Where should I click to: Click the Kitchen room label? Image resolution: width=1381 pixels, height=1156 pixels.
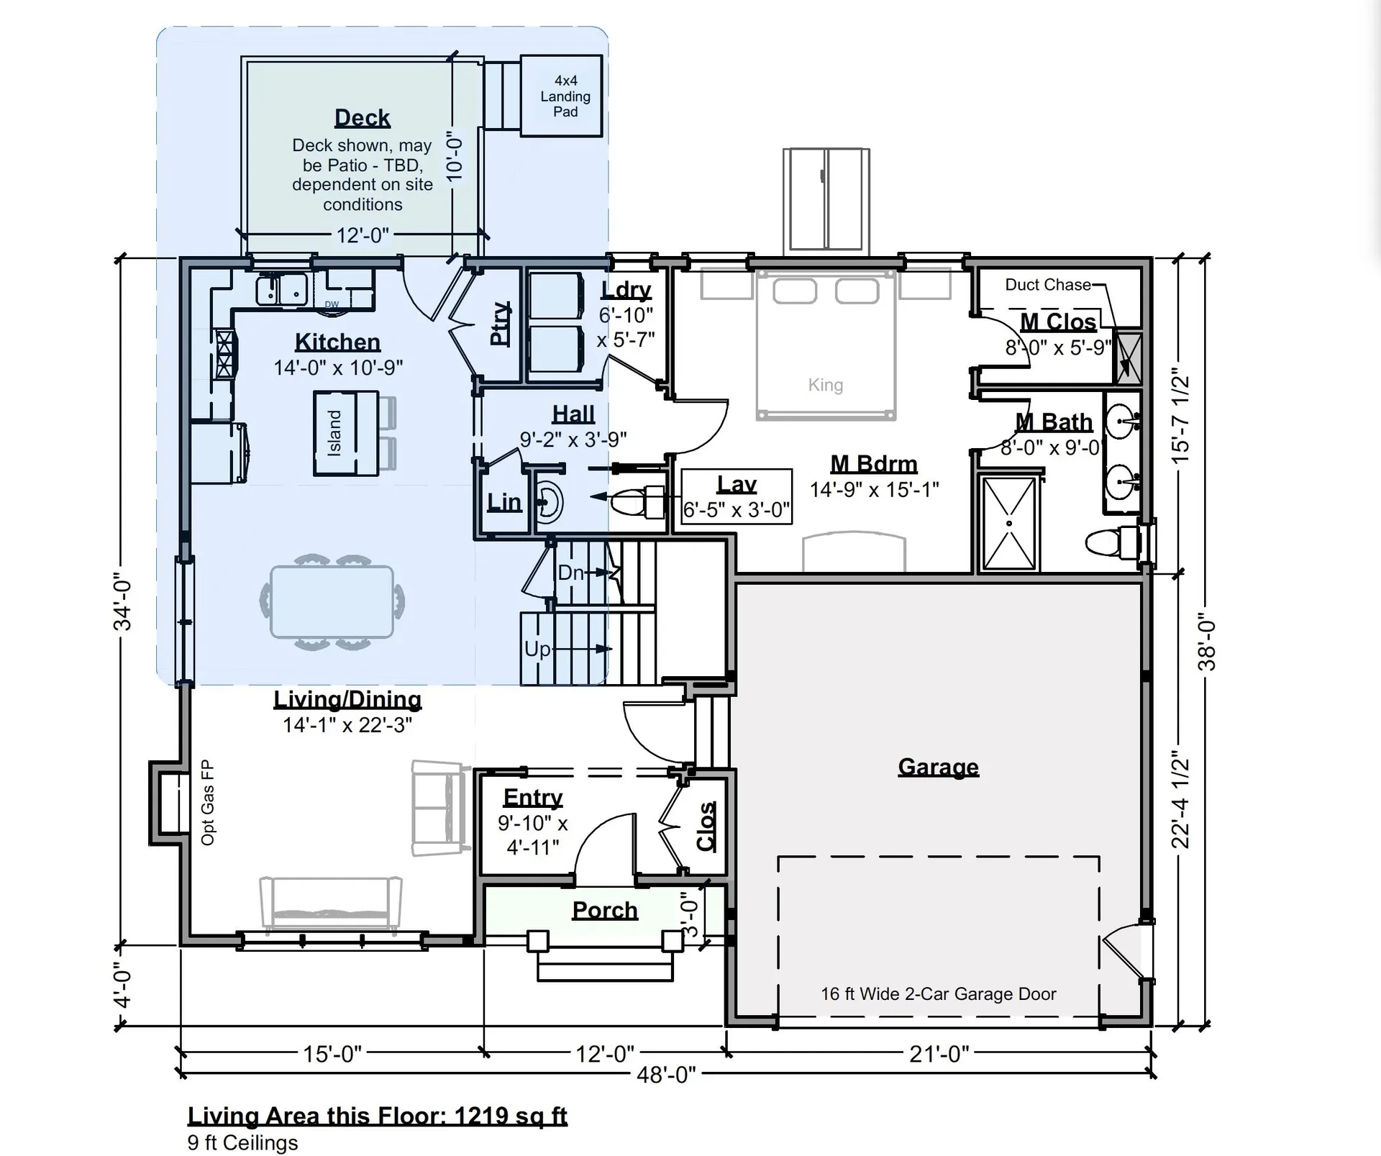point(337,342)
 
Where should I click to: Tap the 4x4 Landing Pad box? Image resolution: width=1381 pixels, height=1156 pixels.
point(561,96)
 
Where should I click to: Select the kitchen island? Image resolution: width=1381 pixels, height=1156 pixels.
point(346,433)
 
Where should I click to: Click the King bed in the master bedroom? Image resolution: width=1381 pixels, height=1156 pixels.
point(826,345)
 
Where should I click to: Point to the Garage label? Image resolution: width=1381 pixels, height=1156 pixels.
point(938,767)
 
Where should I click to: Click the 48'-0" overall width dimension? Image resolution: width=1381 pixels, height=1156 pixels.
point(666,1075)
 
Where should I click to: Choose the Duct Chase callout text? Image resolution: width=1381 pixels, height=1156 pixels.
point(1048,285)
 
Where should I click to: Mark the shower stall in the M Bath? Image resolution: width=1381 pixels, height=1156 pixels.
point(1009,523)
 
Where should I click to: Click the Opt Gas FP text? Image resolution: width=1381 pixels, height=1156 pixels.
point(208,803)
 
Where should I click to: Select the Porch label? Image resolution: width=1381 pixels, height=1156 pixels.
point(605,911)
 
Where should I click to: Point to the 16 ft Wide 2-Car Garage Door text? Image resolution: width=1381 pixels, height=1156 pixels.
point(938,994)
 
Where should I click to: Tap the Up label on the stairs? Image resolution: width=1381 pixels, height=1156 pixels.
point(537,650)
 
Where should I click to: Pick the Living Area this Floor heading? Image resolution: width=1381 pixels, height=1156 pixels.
point(378,1116)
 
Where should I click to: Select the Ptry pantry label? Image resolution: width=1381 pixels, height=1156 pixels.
point(500,324)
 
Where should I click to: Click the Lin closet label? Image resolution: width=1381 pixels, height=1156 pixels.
point(503,502)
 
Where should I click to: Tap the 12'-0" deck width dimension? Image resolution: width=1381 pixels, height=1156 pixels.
point(363,235)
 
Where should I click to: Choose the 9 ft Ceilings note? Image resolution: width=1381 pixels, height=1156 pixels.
point(242,1143)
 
